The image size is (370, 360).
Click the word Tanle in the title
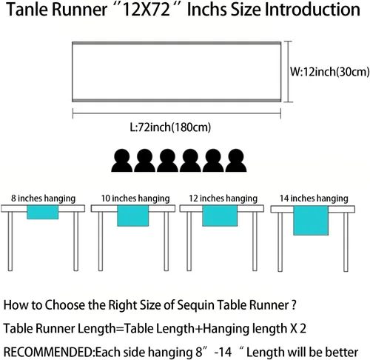pyautogui.click(x=27, y=10)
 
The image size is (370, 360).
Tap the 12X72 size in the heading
pyautogui.click(x=146, y=10)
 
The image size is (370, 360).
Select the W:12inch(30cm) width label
pyautogui.click(x=329, y=72)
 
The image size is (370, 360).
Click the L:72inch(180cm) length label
pyautogui.click(x=170, y=127)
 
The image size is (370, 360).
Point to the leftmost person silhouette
pyautogui.click(x=122, y=161)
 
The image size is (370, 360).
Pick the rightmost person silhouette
pyautogui.click(x=236, y=161)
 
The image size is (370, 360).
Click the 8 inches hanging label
pyautogui.click(x=43, y=199)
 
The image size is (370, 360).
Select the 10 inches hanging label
pyautogui.click(x=135, y=199)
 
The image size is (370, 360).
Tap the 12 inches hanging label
pyautogui.click(x=223, y=199)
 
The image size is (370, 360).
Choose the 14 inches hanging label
pyautogui.click(x=314, y=199)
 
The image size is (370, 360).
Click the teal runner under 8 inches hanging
pyautogui.click(x=43, y=212)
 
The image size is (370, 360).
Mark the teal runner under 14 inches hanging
pyautogui.click(x=311, y=220)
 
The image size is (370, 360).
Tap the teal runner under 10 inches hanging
pyautogui.click(x=133, y=216)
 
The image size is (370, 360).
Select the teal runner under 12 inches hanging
pyautogui.click(x=220, y=216)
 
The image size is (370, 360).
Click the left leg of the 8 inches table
pyautogui.click(x=10, y=241)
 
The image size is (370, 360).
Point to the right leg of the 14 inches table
pyautogui.click(x=346, y=242)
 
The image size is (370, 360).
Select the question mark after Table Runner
pyautogui.click(x=293, y=304)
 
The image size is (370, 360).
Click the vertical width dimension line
pyautogui.click(x=288, y=72)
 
